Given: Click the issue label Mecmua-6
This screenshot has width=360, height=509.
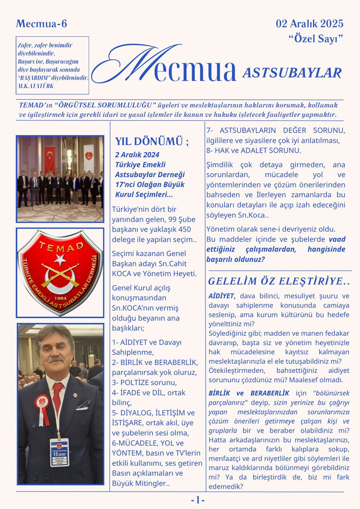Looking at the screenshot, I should pos(42,24).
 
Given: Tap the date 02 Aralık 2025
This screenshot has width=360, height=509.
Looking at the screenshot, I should pos(310,23).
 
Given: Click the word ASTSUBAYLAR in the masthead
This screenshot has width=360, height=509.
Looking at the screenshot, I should pos(292,73).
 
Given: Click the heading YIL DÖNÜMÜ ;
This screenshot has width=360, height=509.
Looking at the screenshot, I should pos(152,141).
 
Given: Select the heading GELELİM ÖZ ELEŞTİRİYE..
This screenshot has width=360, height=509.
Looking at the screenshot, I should pos(279,281).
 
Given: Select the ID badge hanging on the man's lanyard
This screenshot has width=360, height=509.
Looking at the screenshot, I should pos(59,452).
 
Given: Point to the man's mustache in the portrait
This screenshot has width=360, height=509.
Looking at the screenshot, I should pos(56,359).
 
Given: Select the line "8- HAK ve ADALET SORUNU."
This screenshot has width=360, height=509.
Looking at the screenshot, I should pos(254,150).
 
